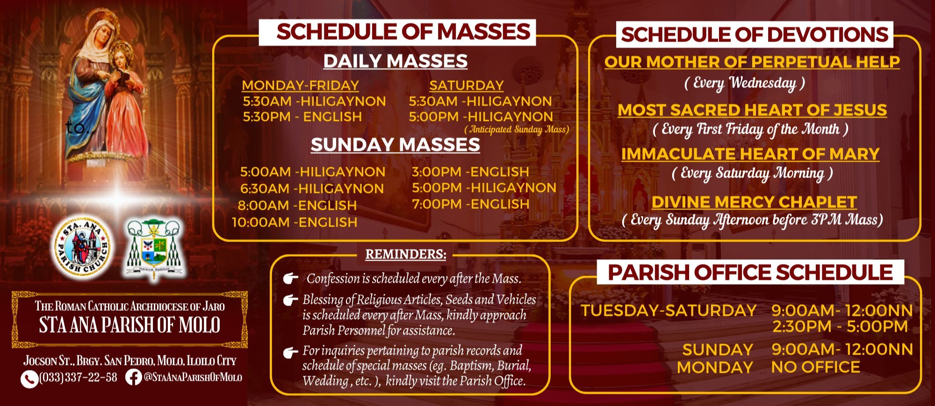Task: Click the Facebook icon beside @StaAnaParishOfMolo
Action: coord(134,378)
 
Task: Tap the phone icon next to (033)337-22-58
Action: coord(29,379)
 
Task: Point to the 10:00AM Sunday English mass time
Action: coord(295,222)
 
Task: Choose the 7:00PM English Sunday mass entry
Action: coord(470,204)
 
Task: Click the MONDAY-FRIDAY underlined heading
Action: coord(300,85)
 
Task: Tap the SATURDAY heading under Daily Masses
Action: coord(467,85)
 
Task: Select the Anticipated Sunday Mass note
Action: coord(517,129)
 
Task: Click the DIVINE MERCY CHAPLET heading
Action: coord(754,202)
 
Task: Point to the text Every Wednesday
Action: coord(744,83)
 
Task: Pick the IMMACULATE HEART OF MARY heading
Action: coord(750,154)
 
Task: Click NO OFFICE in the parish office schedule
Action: coord(815,367)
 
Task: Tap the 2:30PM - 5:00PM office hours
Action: coord(840,326)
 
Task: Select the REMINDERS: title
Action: coord(406,254)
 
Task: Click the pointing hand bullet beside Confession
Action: coord(291,279)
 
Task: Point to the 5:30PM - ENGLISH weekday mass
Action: coord(302,117)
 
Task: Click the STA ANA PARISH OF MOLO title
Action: coord(129,325)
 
